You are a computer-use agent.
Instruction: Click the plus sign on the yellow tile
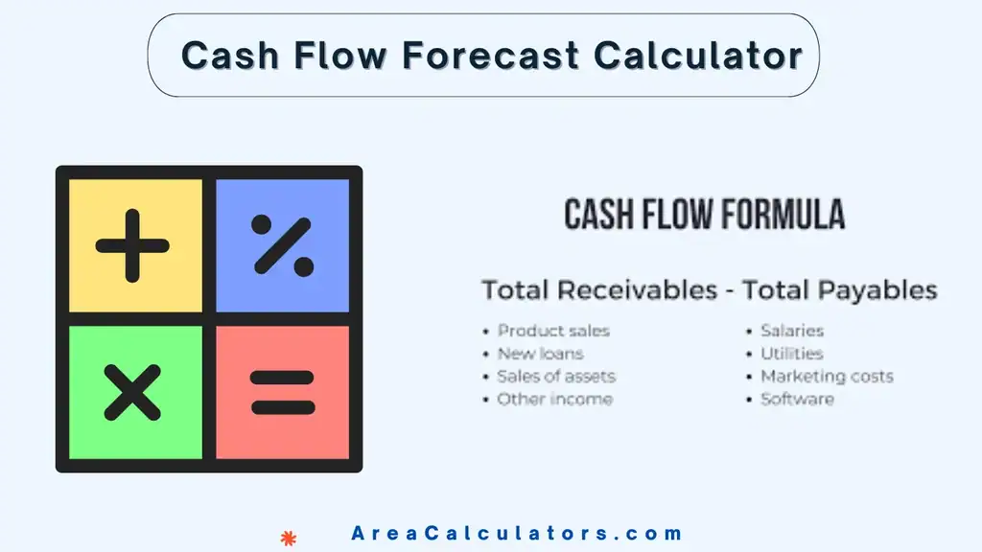[132, 245]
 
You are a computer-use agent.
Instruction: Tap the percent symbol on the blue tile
[282, 245]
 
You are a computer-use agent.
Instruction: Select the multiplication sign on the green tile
[132, 393]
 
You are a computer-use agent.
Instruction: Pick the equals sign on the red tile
[282, 393]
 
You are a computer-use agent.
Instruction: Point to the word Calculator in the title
[697, 56]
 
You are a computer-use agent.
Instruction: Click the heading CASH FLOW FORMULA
[705, 215]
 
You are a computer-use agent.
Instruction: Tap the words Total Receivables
[598, 289]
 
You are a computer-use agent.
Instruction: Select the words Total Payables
[838, 289]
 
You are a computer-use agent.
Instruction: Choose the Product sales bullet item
[553, 331]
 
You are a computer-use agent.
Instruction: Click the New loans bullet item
[540, 354]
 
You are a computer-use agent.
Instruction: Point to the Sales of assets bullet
[556, 377]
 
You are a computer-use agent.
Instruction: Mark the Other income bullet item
[554, 399]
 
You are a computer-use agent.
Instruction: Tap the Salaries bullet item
[792, 331]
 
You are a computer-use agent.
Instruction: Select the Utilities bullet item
[791, 354]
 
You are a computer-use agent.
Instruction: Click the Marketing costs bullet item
[827, 377]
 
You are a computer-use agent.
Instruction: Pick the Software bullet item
[797, 399]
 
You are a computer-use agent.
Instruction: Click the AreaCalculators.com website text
[517, 534]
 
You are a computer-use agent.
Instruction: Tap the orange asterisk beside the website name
[287, 539]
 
